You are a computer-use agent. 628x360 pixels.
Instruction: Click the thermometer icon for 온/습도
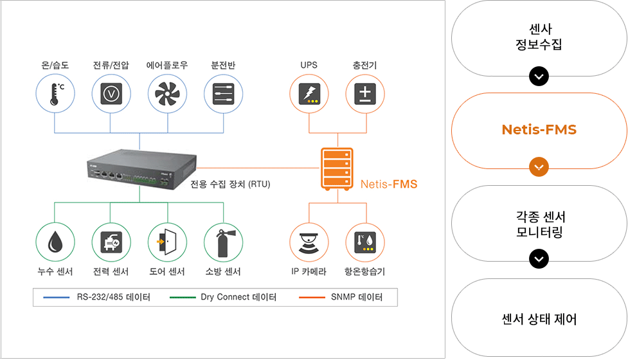coord(56,94)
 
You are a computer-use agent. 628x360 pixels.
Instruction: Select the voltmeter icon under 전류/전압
coord(111,94)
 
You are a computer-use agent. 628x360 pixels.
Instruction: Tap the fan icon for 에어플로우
coord(167,94)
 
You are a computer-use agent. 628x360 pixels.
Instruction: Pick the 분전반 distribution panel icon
coord(224,94)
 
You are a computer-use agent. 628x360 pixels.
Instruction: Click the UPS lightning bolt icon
coord(309,94)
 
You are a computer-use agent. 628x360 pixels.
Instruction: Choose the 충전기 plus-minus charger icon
coord(365,94)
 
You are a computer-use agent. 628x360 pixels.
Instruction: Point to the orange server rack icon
coord(337,169)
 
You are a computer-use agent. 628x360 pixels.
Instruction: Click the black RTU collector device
coord(142,169)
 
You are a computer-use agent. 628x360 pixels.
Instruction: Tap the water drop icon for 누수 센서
coord(55,242)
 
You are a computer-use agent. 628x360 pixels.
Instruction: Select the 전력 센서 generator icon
coord(111,242)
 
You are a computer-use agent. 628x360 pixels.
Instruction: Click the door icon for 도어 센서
coord(166,242)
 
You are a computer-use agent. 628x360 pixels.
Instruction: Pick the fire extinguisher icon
coord(222,242)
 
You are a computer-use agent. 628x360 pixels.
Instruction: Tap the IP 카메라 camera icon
coord(309,242)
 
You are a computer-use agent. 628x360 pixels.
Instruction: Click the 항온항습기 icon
coord(365,242)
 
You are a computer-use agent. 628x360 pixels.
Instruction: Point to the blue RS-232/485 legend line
coord(56,298)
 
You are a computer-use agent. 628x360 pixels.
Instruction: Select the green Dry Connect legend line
coord(183,298)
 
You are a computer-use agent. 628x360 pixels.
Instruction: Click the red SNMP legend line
coord(312,298)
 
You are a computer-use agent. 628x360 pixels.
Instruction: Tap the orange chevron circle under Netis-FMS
coord(539,166)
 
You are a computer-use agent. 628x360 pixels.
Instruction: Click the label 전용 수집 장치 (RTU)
coord(230,184)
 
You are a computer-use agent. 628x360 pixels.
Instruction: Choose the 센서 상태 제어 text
coord(539,319)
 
